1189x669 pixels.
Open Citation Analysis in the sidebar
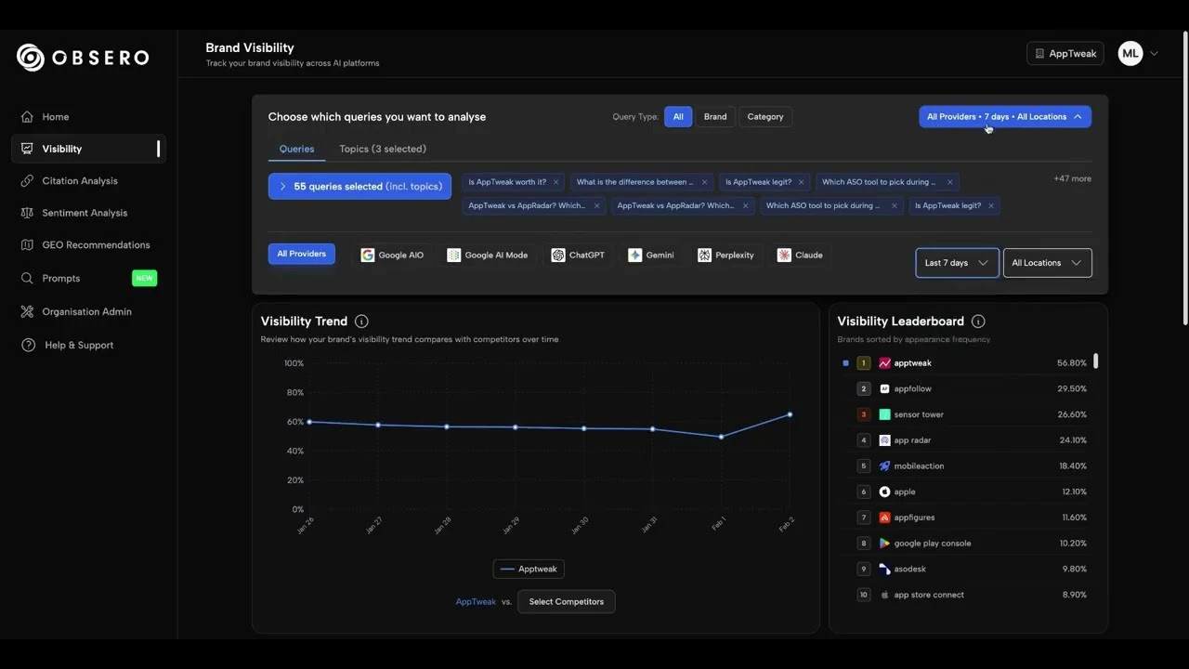coord(80,181)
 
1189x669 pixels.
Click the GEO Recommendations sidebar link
coord(96,245)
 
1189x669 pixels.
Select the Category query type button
coord(765,117)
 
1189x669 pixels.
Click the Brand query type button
coord(715,117)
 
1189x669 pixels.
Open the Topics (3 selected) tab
coord(383,149)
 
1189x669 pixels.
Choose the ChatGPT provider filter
coord(578,256)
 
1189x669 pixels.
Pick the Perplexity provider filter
coord(725,256)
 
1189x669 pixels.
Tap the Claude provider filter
coord(800,256)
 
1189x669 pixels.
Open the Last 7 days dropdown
coord(957,263)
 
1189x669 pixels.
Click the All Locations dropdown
coord(1047,263)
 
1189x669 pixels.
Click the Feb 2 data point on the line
coord(790,414)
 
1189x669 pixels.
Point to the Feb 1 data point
coord(721,437)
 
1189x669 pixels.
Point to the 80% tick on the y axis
coord(294,392)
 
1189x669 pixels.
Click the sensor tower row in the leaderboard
coord(918,414)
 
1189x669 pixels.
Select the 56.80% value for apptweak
coord(1071,363)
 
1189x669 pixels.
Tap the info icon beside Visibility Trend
coord(361,321)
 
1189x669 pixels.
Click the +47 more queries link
coord(1072,178)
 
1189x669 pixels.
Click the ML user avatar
coord(1130,54)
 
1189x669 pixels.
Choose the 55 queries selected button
coord(359,187)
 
